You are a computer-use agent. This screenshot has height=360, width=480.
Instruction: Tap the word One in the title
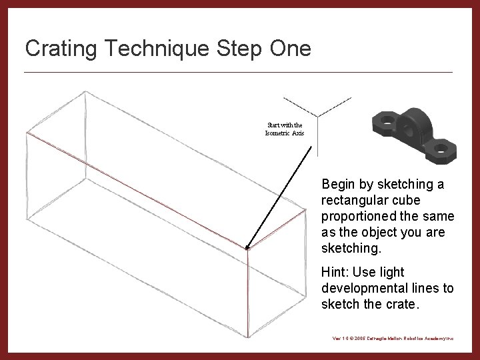click(288, 49)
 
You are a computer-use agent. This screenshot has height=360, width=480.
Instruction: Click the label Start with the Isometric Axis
click(285, 129)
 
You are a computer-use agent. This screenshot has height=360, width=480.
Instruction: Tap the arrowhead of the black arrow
click(248, 247)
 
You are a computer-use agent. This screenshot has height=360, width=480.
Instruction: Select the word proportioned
click(359, 217)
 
